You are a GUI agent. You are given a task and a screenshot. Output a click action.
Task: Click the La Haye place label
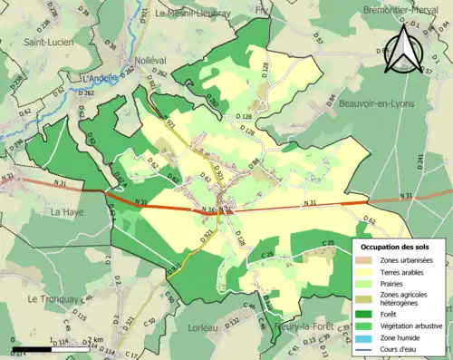[67, 213]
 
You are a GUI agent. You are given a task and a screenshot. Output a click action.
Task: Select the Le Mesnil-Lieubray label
[194, 14]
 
